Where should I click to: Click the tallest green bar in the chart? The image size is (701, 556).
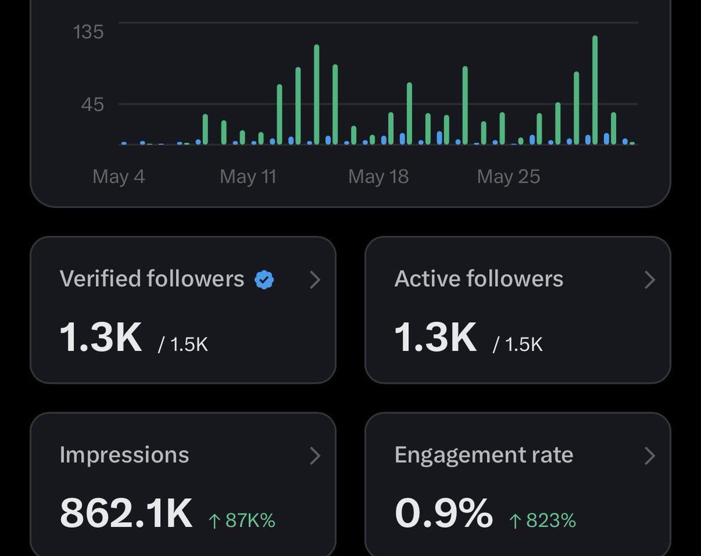pos(595,90)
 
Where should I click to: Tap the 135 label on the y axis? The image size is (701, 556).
pos(88,32)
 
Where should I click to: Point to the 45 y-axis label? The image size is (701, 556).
pos(92,105)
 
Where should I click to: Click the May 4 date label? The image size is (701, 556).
pos(119,176)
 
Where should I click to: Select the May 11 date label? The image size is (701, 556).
pos(248,176)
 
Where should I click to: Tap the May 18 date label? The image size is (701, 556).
pos(378,176)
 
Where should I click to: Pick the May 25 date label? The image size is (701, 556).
pos(508,176)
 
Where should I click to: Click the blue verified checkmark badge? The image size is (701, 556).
pos(264,280)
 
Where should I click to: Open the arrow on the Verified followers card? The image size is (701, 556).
pos(315,280)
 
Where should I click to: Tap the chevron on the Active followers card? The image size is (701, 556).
pos(650,280)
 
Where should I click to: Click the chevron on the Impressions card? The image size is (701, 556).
pos(315,456)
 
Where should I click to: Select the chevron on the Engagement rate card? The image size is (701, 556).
pos(650,456)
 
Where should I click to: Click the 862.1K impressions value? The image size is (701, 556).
pos(126,513)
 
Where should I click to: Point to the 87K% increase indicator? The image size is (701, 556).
pos(242,520)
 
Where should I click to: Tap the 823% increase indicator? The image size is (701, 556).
pos(543,520)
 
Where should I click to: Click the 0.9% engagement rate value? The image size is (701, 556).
pos(443,513)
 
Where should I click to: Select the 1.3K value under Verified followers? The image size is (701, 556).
pos(101,337)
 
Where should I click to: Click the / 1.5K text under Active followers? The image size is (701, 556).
pos(518,344)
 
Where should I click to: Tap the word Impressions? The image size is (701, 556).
pos(124,455)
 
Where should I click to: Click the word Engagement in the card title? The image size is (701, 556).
pos(460,456)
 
